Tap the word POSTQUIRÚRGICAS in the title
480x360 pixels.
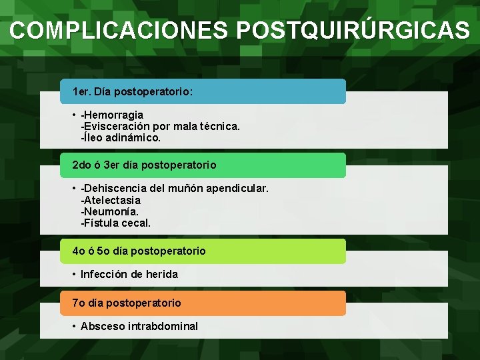[353, 30]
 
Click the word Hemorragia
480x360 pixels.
[113, 115]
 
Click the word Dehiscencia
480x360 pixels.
[117, 189]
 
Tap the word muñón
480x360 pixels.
[187, 189]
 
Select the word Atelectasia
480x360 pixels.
[112, 200]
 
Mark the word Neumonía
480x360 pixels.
[111, 211]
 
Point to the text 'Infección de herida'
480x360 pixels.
[129, 274]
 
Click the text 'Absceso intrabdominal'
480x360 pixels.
[139, 326]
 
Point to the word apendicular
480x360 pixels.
[237, 189]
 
